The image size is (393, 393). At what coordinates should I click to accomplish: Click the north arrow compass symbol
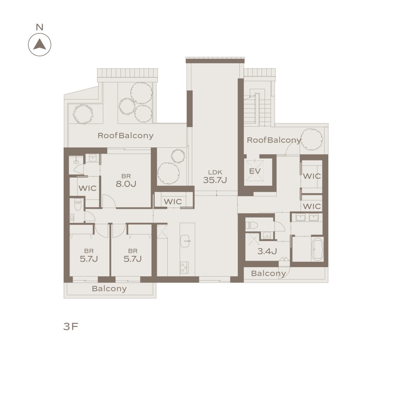pos(40,45)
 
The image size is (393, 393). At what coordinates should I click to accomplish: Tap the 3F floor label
pos(71,326)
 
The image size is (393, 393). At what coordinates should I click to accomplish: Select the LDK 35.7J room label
pos(215,177)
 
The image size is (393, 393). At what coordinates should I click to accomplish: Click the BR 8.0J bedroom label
pos(126,180)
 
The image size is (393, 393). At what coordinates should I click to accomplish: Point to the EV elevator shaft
pos(255,171)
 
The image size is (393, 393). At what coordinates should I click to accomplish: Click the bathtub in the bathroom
pos(317,250)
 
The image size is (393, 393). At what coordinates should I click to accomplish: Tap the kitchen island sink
pos(185,241)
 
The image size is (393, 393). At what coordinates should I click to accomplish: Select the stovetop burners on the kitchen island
pos(184,268)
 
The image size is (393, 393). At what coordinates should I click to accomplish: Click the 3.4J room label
pos(267,251)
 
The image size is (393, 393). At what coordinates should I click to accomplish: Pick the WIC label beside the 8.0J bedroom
pos(88,188)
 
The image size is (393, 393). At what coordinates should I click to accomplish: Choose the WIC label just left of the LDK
pos(173,201)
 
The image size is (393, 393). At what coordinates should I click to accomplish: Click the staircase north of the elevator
pos(258,109)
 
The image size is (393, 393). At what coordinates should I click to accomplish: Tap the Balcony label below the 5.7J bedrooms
pos(109,289)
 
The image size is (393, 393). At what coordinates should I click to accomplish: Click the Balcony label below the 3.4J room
pos(268,273)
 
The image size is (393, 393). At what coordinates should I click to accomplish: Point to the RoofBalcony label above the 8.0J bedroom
pos(125,135)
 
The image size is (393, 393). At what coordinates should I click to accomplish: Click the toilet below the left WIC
pos(78,205)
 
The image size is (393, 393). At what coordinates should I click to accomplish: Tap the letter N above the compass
pos(40,27)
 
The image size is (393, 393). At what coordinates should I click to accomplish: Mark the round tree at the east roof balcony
pos(312,139)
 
